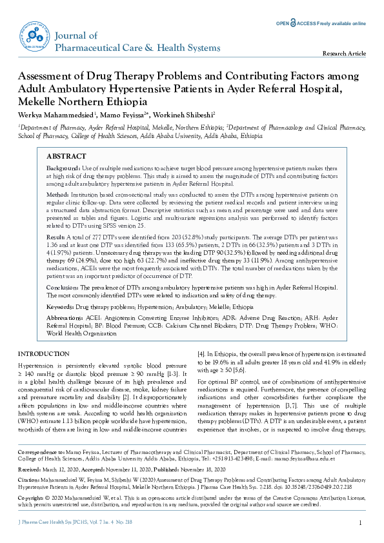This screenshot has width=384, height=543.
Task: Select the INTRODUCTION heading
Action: coord(43,354)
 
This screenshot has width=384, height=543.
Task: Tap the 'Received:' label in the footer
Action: coord(29,471)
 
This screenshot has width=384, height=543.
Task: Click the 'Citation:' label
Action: coord(29,481)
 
